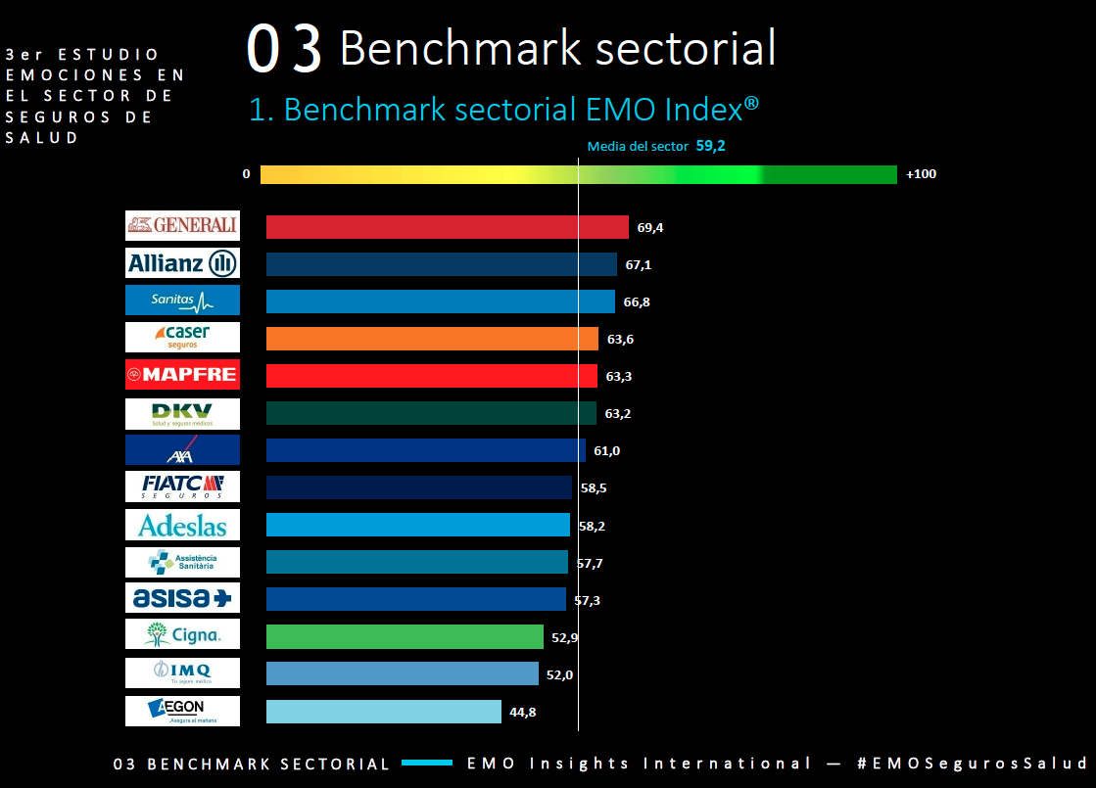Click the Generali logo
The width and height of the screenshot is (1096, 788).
click(x=182, y=226)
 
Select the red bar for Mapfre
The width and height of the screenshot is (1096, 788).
click(x=431, y=376)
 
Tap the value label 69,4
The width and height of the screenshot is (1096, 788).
click(x=650, y=227)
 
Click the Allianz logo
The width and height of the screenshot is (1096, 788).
click(x=182, y=263)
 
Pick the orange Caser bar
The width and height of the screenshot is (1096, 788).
click(x=432, y=339)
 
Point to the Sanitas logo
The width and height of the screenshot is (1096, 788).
click(x=182, y=301)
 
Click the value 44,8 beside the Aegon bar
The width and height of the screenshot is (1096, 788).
click(x=523, y=713)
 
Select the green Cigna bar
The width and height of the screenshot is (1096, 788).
click(x=405, y=636)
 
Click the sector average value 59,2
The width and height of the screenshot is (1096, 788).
click(x=710, y=146)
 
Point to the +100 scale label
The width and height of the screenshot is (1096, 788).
click(x=921, y=174)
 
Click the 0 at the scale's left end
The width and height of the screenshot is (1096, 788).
click(x=246, y=174)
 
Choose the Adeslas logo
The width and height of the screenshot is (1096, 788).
click(x=182, y=526)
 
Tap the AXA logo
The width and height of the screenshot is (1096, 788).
click(x=182, y=450)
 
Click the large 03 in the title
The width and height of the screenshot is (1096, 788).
click(x=284, y=49)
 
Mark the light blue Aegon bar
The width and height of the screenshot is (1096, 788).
click(x=384, y=712)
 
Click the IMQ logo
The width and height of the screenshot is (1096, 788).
click(x=182, y=672)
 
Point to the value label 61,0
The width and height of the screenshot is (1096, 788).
click(x=606, y=450)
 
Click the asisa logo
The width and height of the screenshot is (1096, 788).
click(x=182, y=598)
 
